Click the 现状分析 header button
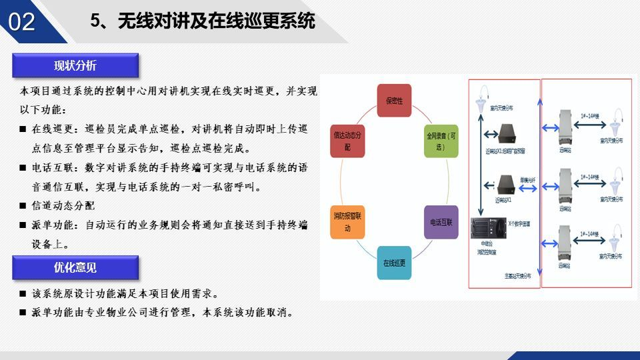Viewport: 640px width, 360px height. click(x=75, y=65)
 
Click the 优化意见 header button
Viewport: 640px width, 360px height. click(x=75, y=268)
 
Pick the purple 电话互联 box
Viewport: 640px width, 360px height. click(x=441, y=222)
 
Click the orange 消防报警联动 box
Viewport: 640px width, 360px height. click(x=347, y=222)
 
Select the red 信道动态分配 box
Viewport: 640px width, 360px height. click(x=347, y=139)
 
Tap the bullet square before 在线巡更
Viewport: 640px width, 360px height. click(x=23, y=129)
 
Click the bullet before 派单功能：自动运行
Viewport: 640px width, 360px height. click(x=23, y=225)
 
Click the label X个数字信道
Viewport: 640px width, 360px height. click(x=519, y=225)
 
